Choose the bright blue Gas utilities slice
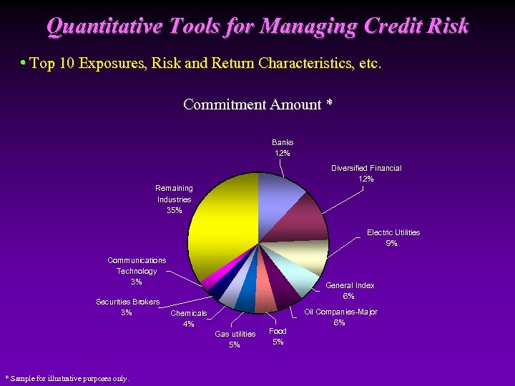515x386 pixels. (x=245, y=300)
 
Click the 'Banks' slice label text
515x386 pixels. (x=283, y=142)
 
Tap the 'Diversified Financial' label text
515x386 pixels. (x=366, y=168)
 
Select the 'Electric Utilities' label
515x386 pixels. (x=393, y=232)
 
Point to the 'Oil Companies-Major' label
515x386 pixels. (x=341, y=312)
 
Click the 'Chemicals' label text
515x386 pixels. (x=189, y=313)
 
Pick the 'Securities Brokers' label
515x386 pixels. (x=128, y=302)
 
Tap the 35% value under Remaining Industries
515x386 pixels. (x=174, y=210)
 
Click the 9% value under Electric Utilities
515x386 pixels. (x=391, y=243)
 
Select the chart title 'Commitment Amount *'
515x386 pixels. (x=257, y=104)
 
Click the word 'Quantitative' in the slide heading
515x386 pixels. (x=100, y=26)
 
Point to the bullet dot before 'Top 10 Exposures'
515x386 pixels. (x=23, y=63)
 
